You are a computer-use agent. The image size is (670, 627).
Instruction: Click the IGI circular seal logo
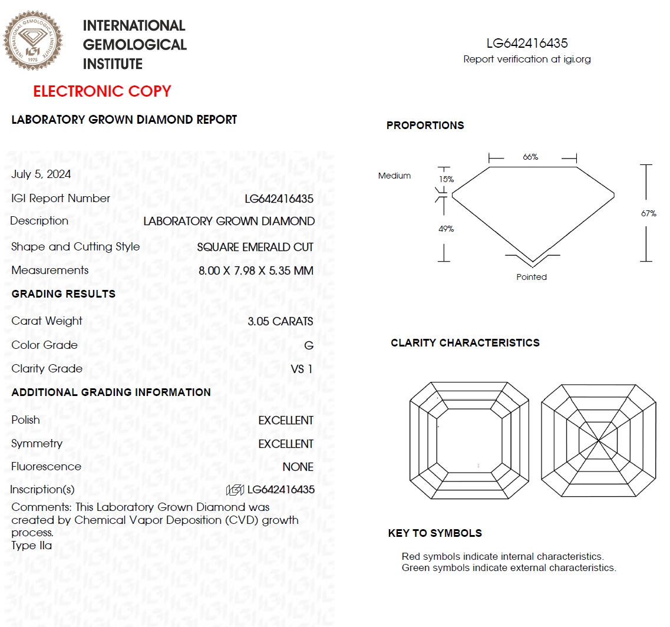[x=32, y=42]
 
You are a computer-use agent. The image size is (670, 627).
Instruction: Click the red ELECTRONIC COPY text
[x=102, y=91]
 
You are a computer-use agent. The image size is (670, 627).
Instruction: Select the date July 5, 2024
[x=41, y=174]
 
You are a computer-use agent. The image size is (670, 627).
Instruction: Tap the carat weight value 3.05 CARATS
[x=280, y=322]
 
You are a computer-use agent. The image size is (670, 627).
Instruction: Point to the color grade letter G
[x=309, y=345]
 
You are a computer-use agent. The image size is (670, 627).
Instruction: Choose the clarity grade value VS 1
[x=302, y=369]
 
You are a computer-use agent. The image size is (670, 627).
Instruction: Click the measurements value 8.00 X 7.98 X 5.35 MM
[x=256, y=271]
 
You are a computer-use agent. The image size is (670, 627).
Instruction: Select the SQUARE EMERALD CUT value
[x=255, y=247]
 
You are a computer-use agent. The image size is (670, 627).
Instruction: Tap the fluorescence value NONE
[x=298, y=467]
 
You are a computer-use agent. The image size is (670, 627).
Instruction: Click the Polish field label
[x=26, y=420]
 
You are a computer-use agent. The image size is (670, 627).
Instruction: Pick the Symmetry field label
[x=37, y=444]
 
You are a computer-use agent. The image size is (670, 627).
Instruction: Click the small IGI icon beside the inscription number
[x=235, y=490]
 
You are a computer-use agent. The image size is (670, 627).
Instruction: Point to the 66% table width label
[x=530, y=157]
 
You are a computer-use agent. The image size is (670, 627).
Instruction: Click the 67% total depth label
[x=648, y=213]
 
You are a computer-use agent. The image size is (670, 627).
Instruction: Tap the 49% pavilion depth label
[x=446, y=229]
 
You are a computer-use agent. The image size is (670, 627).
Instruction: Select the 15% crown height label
[x=446, y=179]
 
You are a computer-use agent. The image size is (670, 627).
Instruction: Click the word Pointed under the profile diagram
[x=532, y=277]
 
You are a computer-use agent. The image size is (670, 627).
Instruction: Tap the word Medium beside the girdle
[x=394, y=176]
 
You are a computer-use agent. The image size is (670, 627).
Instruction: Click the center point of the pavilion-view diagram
[x=598, y=440]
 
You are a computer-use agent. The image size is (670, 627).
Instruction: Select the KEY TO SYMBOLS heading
[x=435, y=533]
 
